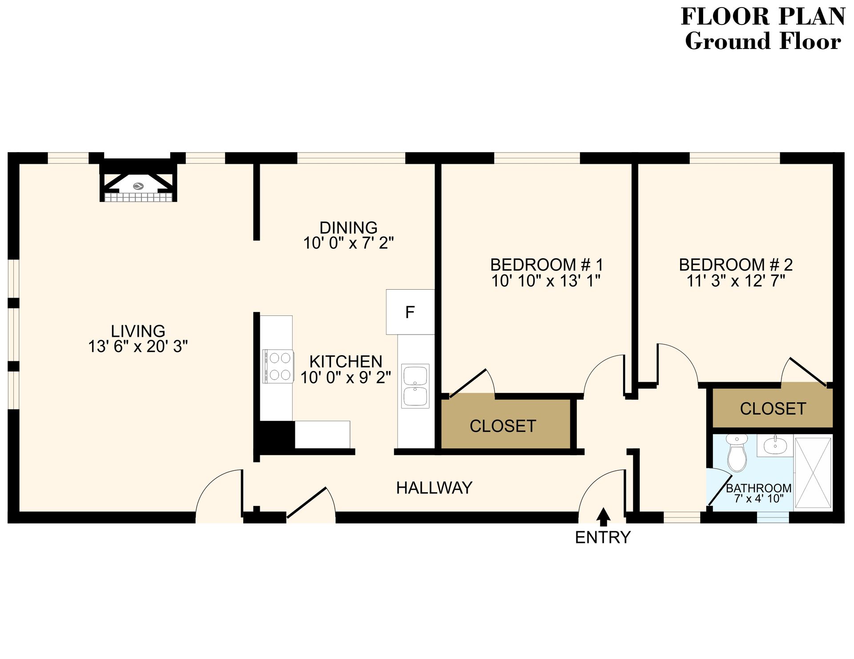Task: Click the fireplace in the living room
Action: click(138, 182)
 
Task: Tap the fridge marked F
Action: click(410, 312)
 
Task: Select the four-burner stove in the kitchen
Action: click(278, 366)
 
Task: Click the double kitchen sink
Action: click(415, 386)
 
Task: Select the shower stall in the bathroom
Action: click(813, 473)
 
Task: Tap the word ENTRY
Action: click(603, 538)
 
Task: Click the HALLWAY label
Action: click(434, 488)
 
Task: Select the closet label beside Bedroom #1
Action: click(503, 426)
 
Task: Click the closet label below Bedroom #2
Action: click(773, 409)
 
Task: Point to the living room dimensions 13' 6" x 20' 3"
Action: click(138, 347)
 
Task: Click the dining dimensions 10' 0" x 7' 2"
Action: click(348, 243)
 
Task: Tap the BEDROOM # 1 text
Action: click(546, 265)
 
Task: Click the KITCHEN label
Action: click(346, 361)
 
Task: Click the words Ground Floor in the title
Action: click(763, 41)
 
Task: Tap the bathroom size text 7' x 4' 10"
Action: click(758, 499)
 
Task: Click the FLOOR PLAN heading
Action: click(763, 17)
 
